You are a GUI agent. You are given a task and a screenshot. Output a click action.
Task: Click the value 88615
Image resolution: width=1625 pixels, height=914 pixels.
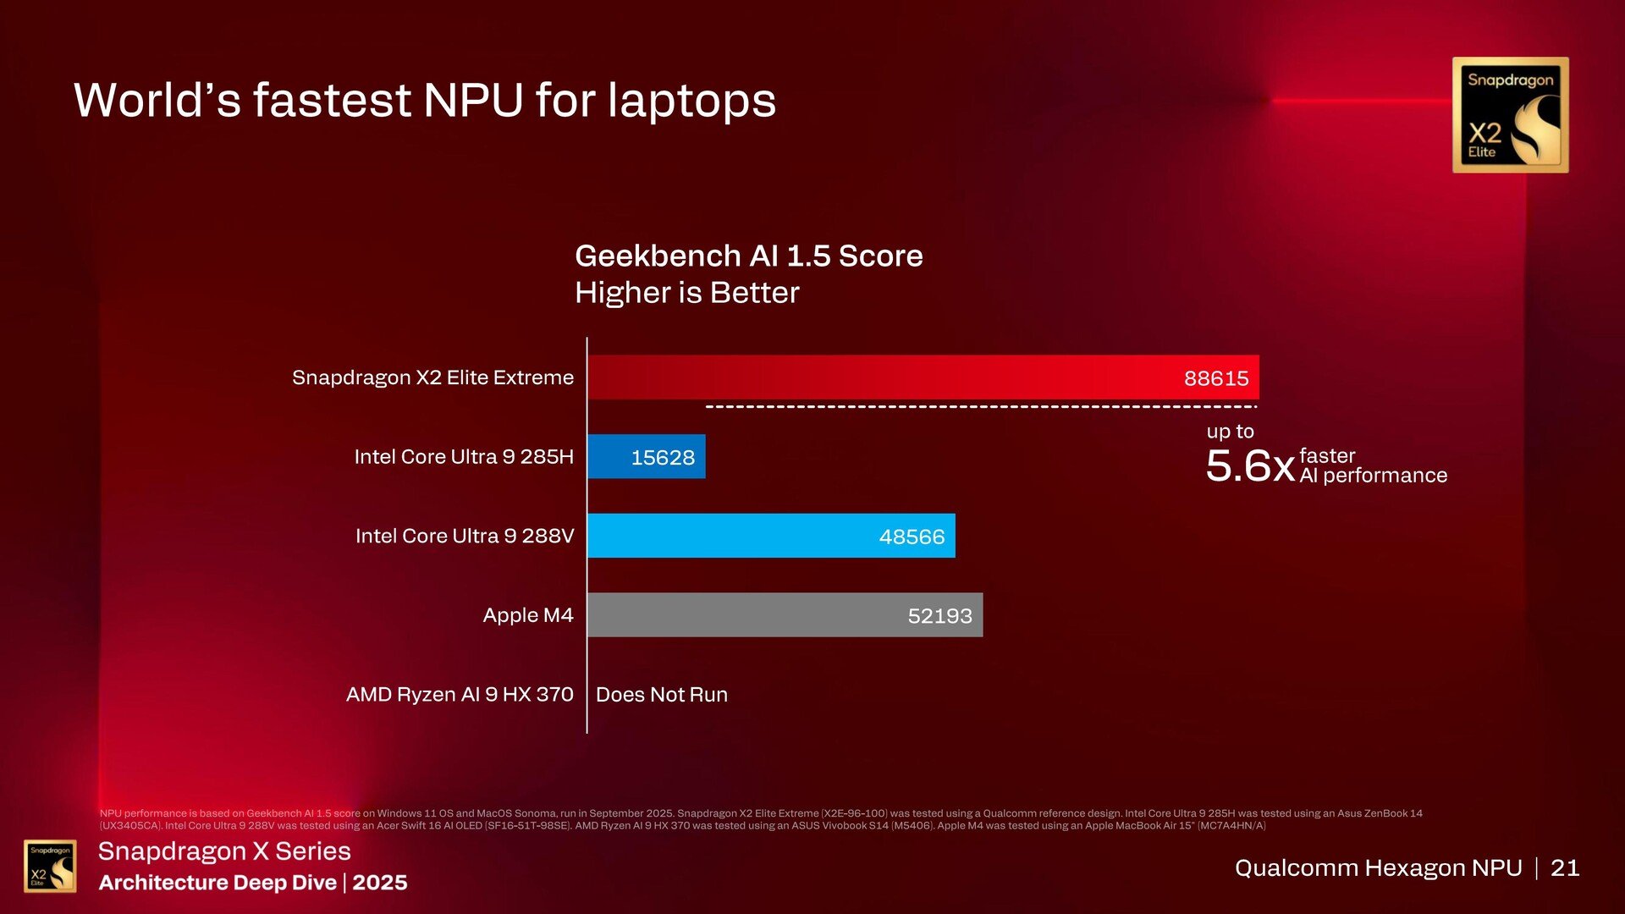(1216, 378)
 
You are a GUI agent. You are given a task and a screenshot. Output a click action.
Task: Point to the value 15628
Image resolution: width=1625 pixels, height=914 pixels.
(663, 458)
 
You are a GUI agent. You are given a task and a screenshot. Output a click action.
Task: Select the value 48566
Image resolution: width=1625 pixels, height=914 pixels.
(912, 537)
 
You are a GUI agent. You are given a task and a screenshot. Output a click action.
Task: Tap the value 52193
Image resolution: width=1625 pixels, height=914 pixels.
(939, 616)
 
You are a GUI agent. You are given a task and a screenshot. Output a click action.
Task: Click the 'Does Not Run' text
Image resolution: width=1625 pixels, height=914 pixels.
(662, 695)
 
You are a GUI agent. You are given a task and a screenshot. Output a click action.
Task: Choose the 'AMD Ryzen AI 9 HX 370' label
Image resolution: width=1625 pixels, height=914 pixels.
(460, 695)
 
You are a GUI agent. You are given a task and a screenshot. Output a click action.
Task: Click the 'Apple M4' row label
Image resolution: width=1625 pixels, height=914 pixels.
(528, 615)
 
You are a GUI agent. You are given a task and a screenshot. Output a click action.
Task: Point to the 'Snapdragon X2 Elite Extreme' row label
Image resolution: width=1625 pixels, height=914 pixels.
(432, 377)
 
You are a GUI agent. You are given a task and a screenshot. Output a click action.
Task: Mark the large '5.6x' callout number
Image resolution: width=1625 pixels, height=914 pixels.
(1250, 465)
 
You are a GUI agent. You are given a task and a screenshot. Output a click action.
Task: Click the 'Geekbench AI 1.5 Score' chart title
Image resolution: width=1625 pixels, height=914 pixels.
(749, 256)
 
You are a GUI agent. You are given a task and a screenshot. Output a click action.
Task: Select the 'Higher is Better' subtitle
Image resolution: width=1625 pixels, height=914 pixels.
(686, 293)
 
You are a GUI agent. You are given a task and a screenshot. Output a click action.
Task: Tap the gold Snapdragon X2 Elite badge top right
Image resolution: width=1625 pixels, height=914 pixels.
(1510, 115)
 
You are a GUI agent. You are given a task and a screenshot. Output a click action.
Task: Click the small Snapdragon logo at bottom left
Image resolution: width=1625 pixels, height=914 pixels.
(50, 866)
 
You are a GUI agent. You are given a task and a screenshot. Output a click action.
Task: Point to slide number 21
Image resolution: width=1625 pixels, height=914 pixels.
(1565, 867)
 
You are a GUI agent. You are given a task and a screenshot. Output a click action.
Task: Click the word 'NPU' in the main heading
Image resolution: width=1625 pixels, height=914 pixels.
(473, 100)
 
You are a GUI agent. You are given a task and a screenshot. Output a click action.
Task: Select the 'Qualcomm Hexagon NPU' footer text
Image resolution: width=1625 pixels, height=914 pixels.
(1378, 867)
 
